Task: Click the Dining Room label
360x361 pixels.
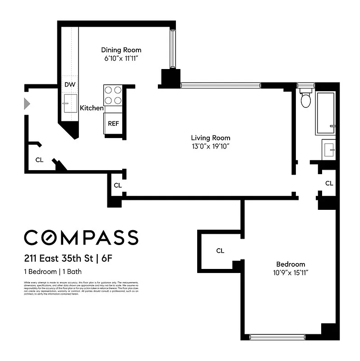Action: pyautogui.click(x=121, y=50)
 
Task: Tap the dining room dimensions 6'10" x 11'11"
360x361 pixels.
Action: pyautogui.click(x=121, y=58)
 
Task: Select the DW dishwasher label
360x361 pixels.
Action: pyautogui.click(x=69, y=85)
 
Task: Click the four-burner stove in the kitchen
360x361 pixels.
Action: pyautogui.click(x=113, y=95)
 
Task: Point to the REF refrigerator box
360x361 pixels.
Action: pyautogui.click(x=113, y=123)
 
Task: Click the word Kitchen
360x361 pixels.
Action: pyautogui.click(x=92, y=108)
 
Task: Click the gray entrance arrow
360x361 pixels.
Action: pyautogui.click(x=27, y=104)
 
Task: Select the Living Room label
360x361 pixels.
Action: pyautogui.click(x=210, y=138)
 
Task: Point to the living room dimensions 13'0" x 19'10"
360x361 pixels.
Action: pyautogui.click(x=210, y=146)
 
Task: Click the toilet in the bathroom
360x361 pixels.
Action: pyautogui.click(x=306, y=99)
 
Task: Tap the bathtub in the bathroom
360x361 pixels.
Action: pyautogui.click(x=325, y=113)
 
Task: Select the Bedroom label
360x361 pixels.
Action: pyautogui.click(x=291, y=264)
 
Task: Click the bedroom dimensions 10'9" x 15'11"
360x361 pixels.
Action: pyautogui.click(x=291, y=272)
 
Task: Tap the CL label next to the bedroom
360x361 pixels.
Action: pyautogui.click(x=220, y=251)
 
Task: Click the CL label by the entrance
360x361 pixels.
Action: pyautogui.click(x=40, y=160)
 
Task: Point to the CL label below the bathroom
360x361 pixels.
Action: pyautogui.click(x=329, y=183)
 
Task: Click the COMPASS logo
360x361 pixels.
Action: pyautogui.click(x=81, y=237)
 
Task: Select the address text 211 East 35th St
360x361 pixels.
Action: pyautogui.click(x=58, y=259)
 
